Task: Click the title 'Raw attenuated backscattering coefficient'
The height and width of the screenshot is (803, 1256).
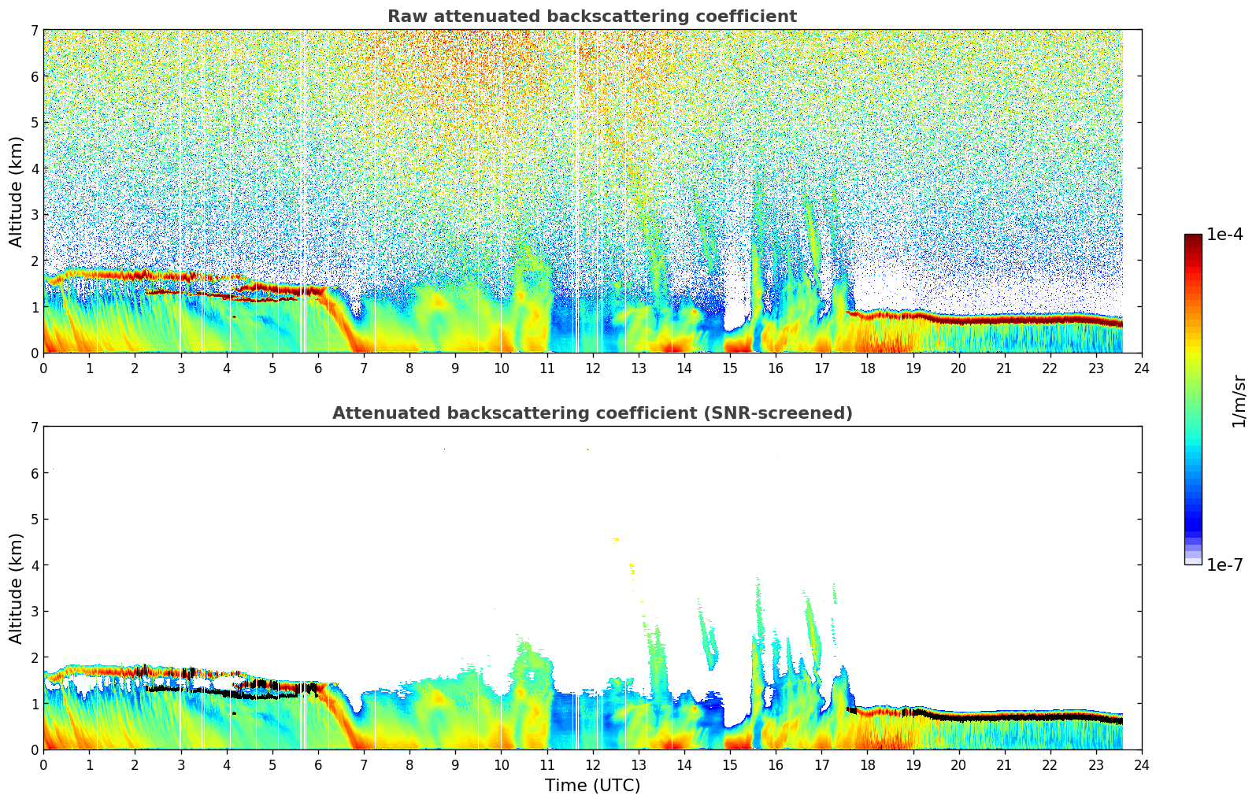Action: click(591, 17)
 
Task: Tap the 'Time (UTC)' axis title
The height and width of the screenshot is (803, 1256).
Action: click(592, 786)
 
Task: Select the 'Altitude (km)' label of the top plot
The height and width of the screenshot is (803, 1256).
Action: click(17, 191)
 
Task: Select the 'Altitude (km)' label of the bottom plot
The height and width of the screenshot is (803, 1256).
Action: click(17, 588)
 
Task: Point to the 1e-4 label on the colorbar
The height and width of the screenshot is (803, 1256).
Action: click(1225, 235)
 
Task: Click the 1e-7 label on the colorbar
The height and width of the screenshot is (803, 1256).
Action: click(1225, 564)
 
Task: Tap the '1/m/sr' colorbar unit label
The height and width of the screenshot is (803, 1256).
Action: click(1239, 400)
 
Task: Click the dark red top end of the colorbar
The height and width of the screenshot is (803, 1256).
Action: click(1193, 238)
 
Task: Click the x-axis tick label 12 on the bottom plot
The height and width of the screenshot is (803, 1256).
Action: click(592, 765)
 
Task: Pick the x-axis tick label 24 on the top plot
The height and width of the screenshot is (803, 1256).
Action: click(1141, 368)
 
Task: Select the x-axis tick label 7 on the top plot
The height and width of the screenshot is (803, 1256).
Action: click(364, 368)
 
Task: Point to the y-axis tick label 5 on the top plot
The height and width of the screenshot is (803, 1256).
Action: click(34, 123)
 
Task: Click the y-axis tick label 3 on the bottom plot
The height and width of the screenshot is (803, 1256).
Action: click(34, 612)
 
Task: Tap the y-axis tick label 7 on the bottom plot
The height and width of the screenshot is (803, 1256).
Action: click(34, 427)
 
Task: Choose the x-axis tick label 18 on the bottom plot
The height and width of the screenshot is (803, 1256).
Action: click(867, 765)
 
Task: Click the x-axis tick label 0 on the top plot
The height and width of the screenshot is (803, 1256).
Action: click(43, 368)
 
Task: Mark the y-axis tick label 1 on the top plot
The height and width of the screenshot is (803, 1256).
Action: click(34, 307)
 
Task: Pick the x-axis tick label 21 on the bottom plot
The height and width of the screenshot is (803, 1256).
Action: click(1004, 765)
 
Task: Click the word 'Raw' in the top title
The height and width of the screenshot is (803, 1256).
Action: click(404, 17)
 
